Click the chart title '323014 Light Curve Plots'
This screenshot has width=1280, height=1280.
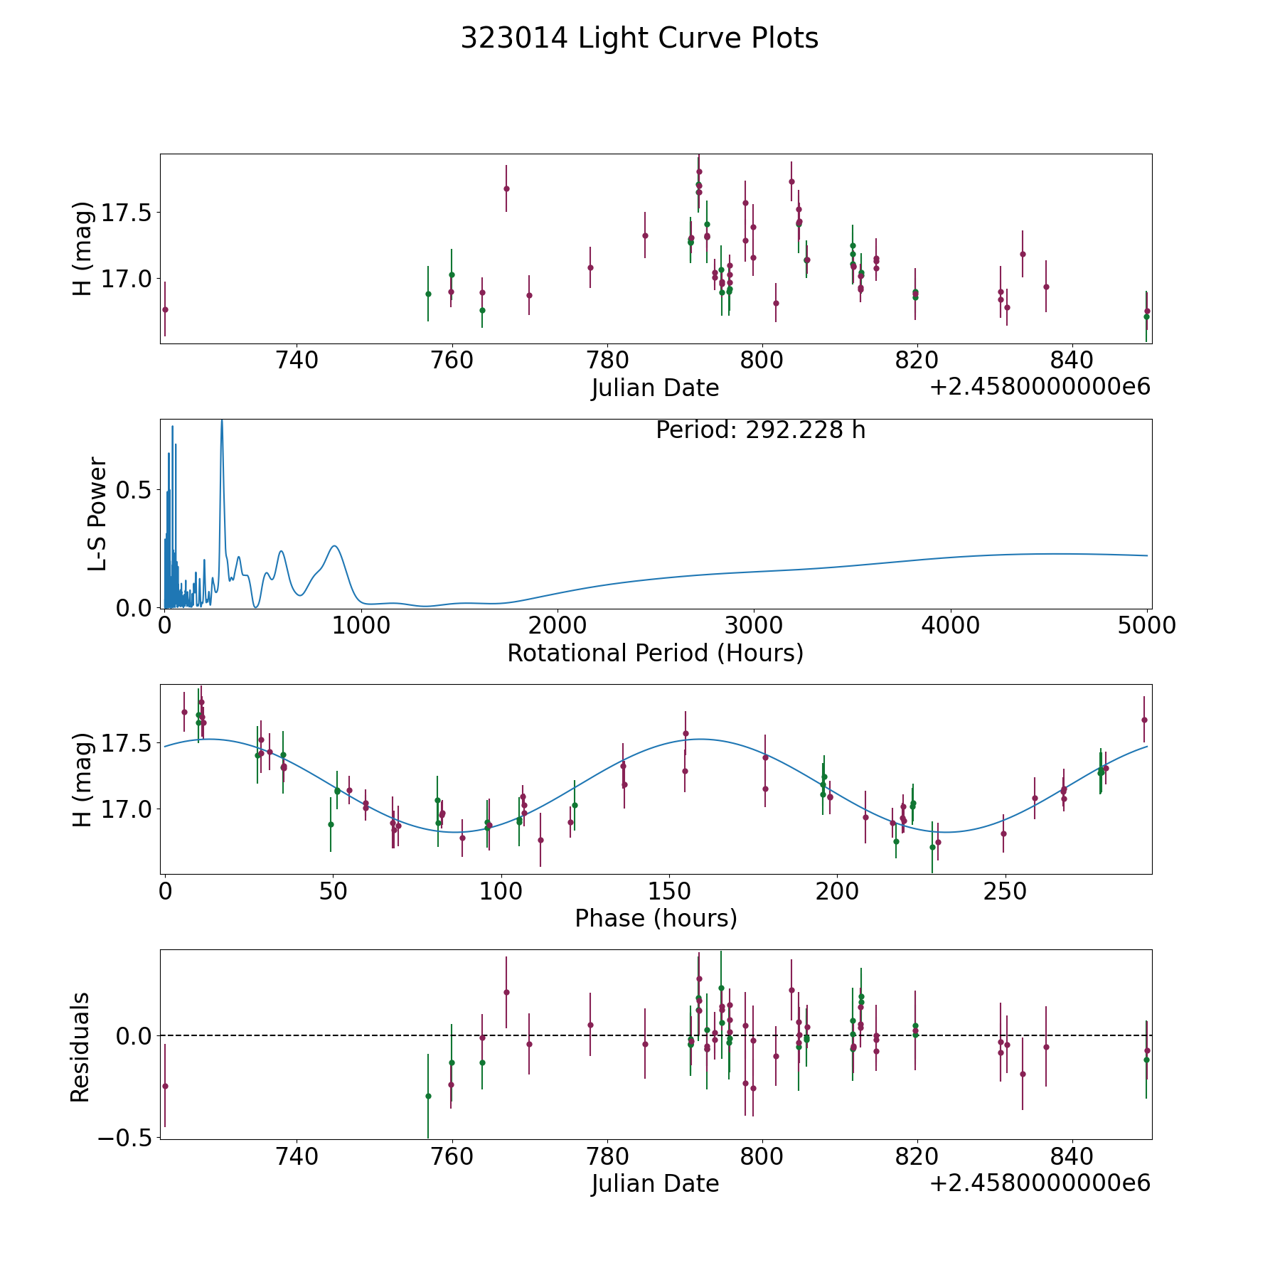pyautogui.click(x=639, y=38)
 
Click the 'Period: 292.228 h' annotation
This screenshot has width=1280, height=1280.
pyautogui.click(x=760, y=430)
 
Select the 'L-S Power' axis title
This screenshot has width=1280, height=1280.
pyautogui.click(x=97, y=514)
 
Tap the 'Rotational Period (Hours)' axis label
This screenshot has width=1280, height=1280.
pyautogui.click(x=655, y=653)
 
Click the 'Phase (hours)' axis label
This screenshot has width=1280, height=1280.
pyautogui.click(x=656, y=918)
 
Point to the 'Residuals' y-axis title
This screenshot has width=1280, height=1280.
pyautogui.click(x=80, y=1047)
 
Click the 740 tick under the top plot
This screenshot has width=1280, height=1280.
pyautogui.click(x=297, y=361)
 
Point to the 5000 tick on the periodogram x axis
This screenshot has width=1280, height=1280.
pyautogui.click(x=1146, y=626)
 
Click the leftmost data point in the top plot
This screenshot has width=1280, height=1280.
pyautogui.click(x=165, y=309)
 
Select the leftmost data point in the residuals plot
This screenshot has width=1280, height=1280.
pyautogui.click(x=165, y=1086)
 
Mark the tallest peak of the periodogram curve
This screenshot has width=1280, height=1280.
pyautogui.click(x=222, y=420)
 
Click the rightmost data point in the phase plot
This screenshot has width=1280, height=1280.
pyautogui.click(x=1144, y=720)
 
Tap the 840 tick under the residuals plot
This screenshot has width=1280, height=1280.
pyautogui.click(x=1072, y=1156)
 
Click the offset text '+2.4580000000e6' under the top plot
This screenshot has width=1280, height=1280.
pyautogui.click(x=1040, y=387)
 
